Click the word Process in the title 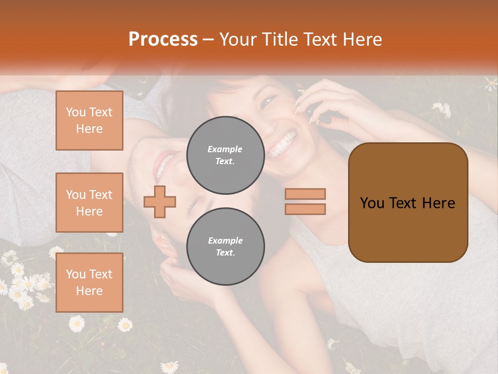pos(163,39)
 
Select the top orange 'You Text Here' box pos(89,121)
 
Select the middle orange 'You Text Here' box pos(89,203)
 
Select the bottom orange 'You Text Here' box pos(89,283)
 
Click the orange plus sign pos(160,202)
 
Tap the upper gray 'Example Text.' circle pos(225,155)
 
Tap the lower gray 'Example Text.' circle pos(225,246)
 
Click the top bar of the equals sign pos(305,194)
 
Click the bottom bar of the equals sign pos(305,209)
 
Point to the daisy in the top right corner pos(491,83)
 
